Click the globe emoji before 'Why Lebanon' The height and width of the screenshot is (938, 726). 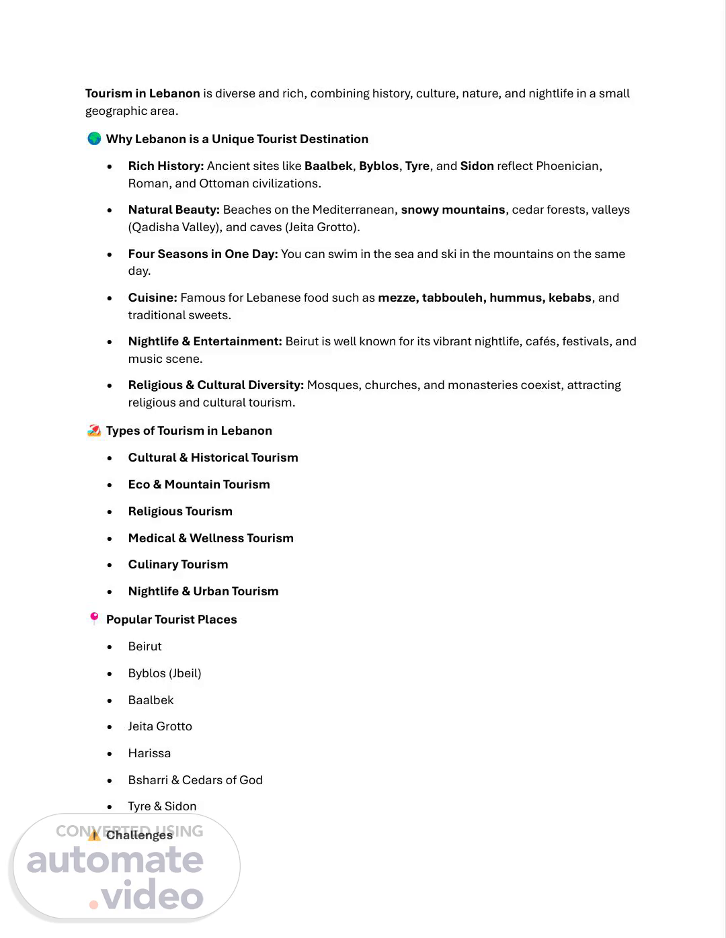[x=94, y=138]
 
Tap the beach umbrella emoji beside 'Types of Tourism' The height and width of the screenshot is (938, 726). [x=94, y=430]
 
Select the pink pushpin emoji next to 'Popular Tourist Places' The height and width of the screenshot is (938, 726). [x=94, y=618]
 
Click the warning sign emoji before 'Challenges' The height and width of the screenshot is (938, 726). [x=94, y=835]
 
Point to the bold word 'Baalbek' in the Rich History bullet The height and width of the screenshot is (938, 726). [x=328, y=166]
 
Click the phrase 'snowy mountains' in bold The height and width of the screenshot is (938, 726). [x=452, y=210]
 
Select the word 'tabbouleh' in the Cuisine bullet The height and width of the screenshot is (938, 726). [x=452, y=298]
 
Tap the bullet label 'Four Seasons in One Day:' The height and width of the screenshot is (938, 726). [x=202, y=254]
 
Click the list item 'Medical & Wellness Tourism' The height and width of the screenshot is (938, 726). [x=210, y=538]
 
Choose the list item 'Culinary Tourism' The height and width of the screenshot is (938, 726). [x=178, y=564]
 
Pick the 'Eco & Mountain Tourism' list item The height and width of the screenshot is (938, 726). [x=199, y=484]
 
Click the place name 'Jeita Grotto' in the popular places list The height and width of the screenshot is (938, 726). [x=160, y=726]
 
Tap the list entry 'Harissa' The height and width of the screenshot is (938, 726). [x=149, y=753]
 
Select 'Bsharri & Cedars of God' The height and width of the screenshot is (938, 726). [x=195, y=780]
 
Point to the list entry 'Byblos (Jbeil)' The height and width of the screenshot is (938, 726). [x=165, y=673]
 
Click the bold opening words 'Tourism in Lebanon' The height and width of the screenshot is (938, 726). [x=143, y=93]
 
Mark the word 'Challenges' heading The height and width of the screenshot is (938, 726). [x=139, y=835]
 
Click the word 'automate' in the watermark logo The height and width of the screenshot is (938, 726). [x=115, y=860]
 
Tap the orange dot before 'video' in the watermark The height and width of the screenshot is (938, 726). [x=94, y=904]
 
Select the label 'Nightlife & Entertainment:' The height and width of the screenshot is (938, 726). [x=205, y=341]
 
